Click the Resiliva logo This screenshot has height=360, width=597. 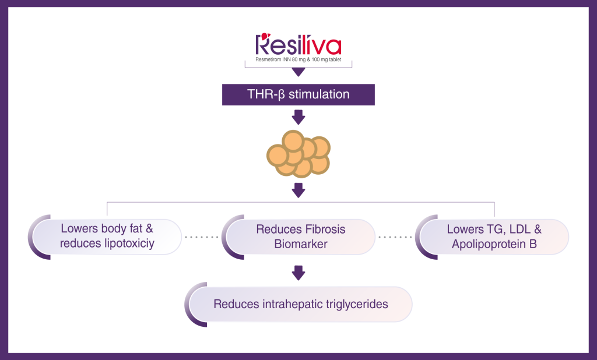(298, 45)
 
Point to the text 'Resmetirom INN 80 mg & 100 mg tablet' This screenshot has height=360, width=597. (298, 61)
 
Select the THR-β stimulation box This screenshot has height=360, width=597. (298, 94)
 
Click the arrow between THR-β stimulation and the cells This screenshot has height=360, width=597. (298, 118)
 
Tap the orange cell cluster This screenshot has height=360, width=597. (298, 153)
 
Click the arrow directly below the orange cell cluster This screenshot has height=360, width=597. (298, 189)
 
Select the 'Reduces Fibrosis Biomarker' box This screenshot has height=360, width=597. (300, 237)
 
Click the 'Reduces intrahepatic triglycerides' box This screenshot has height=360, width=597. (300, 304)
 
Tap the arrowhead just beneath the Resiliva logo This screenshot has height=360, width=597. (298, 72)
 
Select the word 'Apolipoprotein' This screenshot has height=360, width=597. (487, 244)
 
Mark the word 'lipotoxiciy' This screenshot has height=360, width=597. (126, 244)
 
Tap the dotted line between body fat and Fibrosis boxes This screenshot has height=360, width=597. (201, 237)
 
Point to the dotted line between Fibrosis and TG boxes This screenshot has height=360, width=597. (396, 237)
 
